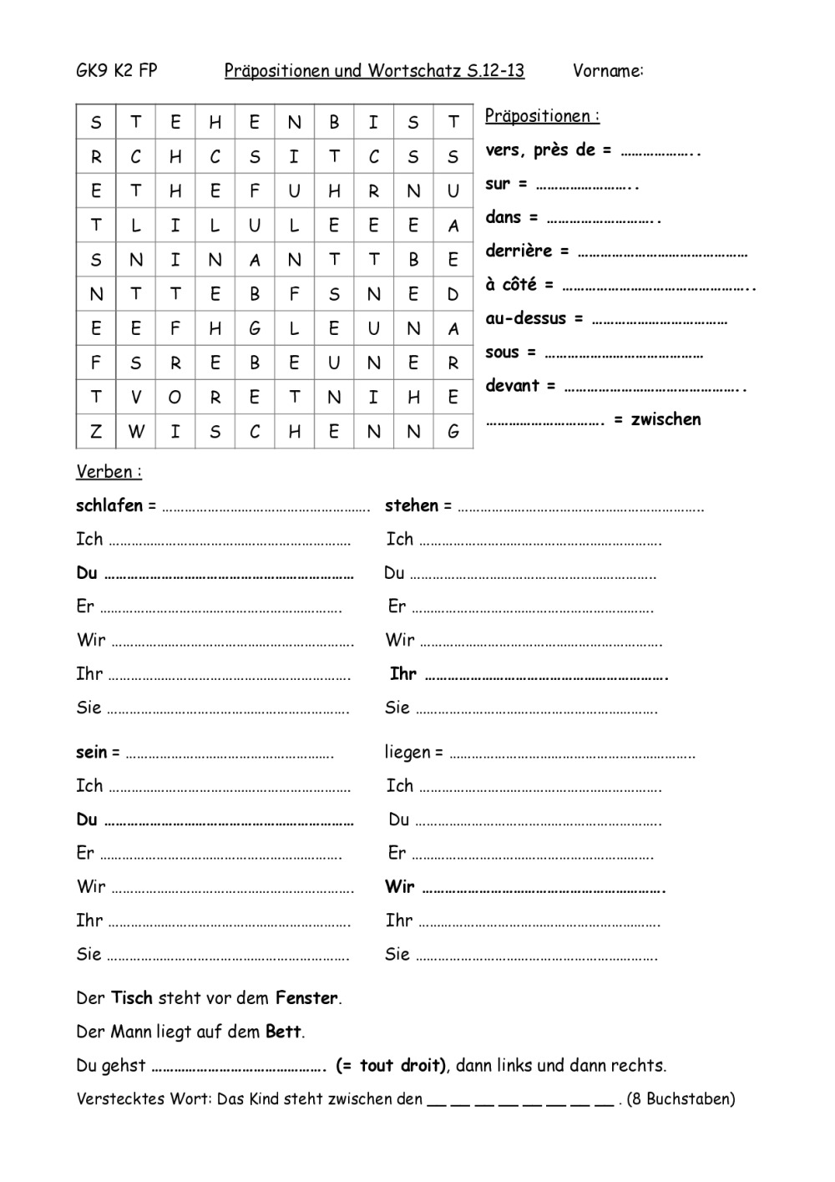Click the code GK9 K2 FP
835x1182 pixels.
coord(116,71)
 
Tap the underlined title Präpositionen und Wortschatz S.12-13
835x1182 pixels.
coord(374,71)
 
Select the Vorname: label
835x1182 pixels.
coord(608,71)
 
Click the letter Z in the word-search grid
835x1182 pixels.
coord(96,432)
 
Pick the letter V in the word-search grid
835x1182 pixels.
coord(135,398)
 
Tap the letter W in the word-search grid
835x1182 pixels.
coord(135,432)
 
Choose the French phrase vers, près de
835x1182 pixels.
coord(540,150)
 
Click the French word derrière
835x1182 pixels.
coord(519,251)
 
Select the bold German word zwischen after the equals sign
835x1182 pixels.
coord(665,419)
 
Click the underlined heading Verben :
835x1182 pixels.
coord(109,472)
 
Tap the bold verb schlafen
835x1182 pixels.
coord(109,505)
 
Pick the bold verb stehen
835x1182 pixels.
coord(412,505)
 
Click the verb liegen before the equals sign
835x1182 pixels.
coord(407,753)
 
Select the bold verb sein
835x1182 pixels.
coord(91,753)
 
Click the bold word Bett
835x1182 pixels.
coord(283,1032)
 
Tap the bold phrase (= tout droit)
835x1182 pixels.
coord(392,1066)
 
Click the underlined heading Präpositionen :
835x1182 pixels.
coord(542,116)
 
